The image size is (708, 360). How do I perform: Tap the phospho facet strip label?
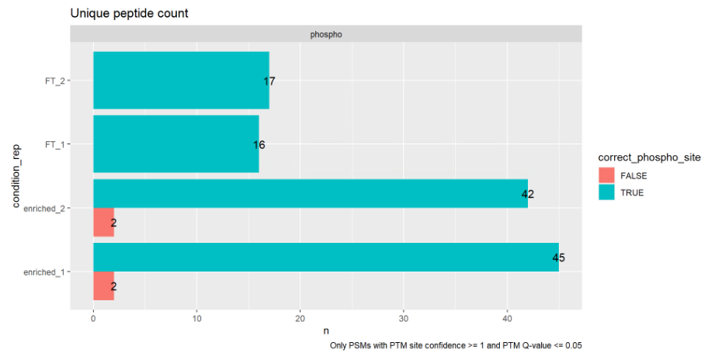coord(326,34)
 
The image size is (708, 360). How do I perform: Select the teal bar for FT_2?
coord(181,80)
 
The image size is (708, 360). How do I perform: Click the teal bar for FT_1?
coord(175,144)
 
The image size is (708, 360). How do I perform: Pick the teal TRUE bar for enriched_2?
coord(310,194)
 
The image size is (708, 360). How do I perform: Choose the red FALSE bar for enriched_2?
coord(103,223)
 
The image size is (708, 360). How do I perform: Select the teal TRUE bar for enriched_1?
coord(325,258)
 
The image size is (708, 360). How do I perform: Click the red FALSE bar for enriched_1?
coord(103,286)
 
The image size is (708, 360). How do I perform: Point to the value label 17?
coord(269,81)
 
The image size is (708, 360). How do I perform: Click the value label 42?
coord(528,194)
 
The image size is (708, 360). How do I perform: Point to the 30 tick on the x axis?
coord(404,317)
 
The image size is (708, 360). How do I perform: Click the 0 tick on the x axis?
coord(93,317)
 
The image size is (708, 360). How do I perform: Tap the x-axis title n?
coord(326,331)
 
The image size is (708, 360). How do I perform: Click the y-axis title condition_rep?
coord(16,176)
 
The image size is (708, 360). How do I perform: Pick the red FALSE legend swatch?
coord(606,175)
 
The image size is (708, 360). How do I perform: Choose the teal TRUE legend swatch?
coord(606,192)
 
